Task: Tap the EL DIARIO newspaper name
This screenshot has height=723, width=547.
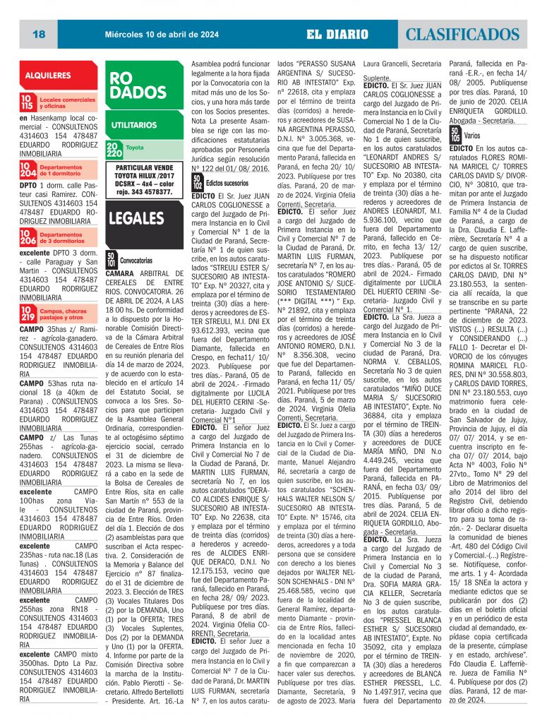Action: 337,34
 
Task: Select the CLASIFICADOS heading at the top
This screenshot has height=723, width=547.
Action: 465,34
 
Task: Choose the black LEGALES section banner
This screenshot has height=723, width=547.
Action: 138,217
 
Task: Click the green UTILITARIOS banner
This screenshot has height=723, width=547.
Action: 138,125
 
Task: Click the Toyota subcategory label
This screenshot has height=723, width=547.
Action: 135,148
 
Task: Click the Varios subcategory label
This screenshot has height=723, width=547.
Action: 472,134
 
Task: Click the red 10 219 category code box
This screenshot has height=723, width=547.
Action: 28,313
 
